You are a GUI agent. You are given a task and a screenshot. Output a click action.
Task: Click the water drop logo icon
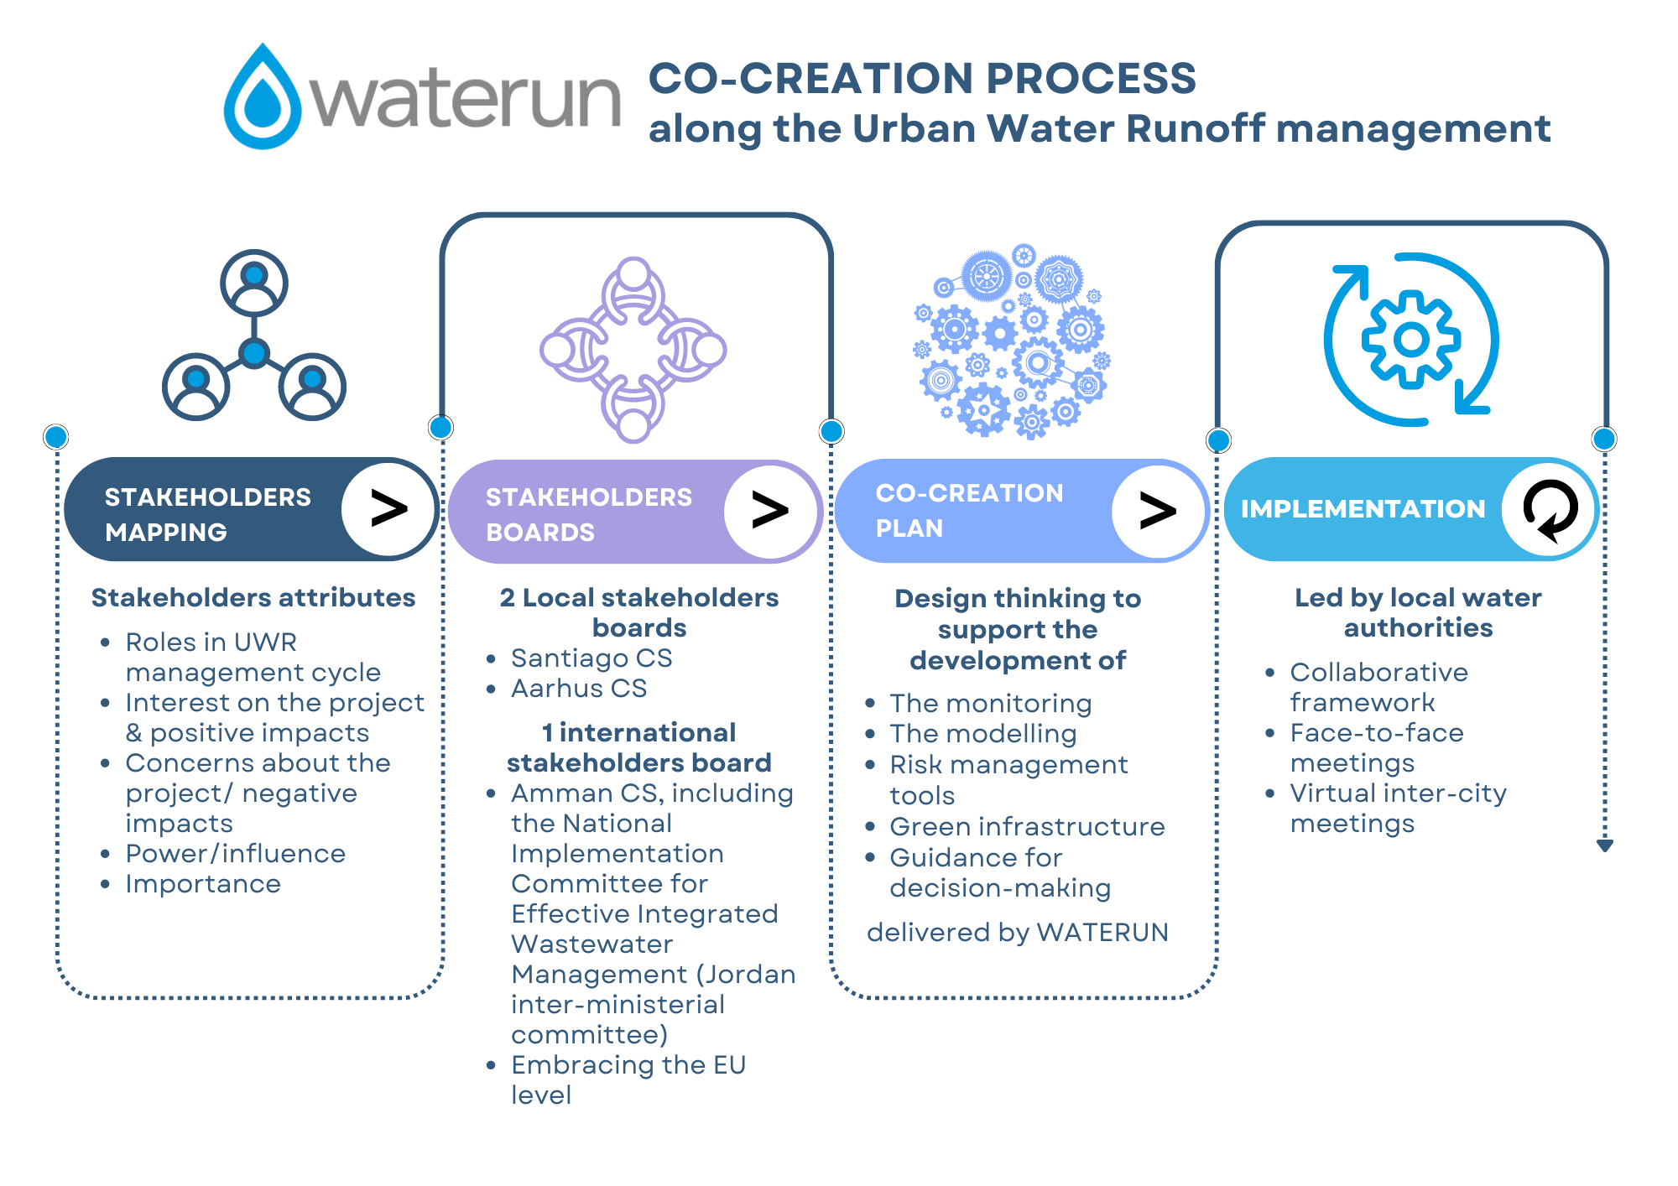coord(263,98)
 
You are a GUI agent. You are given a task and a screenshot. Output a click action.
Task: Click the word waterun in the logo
coord(466,100)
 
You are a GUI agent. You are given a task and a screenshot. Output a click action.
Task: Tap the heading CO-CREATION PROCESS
coord(922,78)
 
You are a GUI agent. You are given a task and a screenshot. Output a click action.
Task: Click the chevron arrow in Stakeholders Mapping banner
coord(388,509)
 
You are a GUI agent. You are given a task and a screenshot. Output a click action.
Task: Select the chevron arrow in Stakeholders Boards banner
coord(770,510)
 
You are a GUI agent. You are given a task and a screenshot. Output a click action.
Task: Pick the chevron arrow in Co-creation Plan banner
coord(1158,511)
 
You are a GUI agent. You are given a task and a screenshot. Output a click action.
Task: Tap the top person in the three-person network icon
coord(254,282)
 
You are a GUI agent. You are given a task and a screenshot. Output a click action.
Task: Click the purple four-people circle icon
coord(633,350)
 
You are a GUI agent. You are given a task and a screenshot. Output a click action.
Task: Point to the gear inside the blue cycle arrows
coord(1411,340)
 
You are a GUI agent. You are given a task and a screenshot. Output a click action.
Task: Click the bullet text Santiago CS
coord(591,658)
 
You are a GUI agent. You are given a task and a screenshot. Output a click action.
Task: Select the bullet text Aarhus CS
coord(579,689)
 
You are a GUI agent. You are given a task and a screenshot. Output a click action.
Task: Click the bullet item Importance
coord(203,884)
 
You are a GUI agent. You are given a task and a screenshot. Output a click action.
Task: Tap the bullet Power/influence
coord(235,854)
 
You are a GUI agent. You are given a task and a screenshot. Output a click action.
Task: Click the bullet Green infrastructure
coord(1027,827)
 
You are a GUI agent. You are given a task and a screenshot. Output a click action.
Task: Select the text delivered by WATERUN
coord(1017,933)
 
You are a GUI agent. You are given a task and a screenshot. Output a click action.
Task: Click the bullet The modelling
coord(982,734)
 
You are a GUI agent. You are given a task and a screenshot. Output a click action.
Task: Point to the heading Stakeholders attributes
coord(253,598)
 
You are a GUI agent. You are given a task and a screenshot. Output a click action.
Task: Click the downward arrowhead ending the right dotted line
coord(1604,845)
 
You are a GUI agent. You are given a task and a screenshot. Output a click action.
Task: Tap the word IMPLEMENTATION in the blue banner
coord(1363,509)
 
